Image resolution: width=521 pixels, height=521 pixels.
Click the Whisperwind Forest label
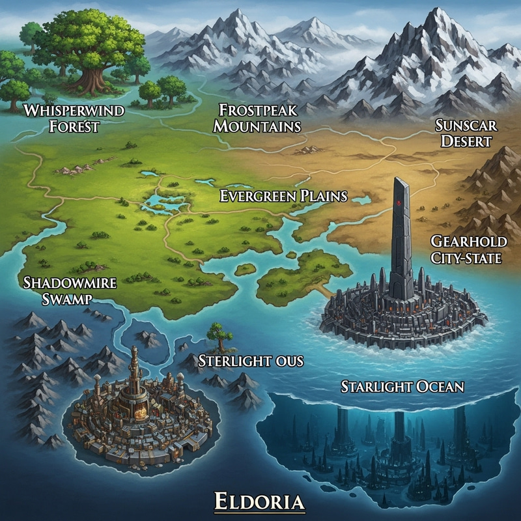(73, 117)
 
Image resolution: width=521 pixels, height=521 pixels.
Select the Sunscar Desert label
(463, 133)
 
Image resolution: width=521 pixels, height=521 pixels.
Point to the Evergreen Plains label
(283, 196)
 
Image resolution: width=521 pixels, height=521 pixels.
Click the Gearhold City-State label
(466, 250)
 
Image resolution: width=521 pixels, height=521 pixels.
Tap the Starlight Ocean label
(402, 386)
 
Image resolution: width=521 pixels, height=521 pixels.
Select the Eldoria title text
(260, 502)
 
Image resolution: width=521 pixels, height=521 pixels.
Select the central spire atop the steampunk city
(134, 365)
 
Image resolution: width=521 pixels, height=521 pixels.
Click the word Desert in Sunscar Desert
(464, 141)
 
